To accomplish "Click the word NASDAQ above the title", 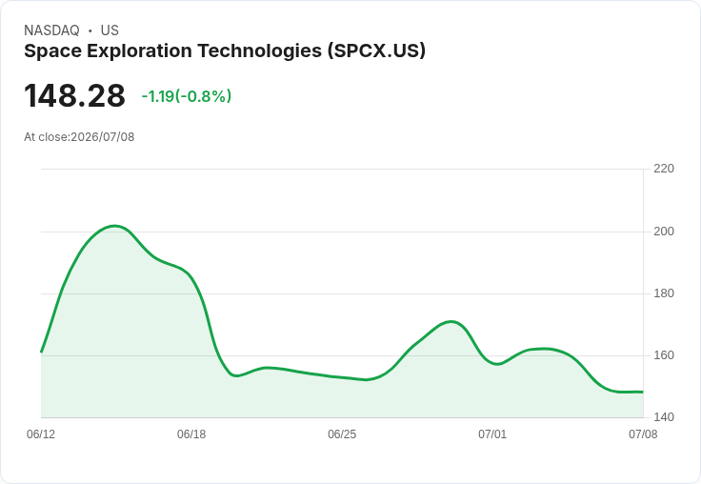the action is (x=51, y=30).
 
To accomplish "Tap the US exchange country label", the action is (x=110, y=30).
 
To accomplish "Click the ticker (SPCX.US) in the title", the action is (x=376, y=50).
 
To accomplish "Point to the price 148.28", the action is (x=74, y=95).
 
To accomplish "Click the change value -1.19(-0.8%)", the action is (x=187, y=96).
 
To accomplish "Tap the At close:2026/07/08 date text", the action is (x=79, y=137).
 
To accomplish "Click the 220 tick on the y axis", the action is (x=664, y=169).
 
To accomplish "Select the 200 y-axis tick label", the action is (x=664, y=232).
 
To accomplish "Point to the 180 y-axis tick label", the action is (x=664, y=293).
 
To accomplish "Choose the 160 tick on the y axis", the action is (x=664, y=355).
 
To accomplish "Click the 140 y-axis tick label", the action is (x=664, y=417).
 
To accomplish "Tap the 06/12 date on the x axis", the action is (x=41, y=434).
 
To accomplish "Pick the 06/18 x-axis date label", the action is (x=191, y=434).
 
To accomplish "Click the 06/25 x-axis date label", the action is (x=342, y=434).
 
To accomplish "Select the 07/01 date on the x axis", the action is (x=492, y=434).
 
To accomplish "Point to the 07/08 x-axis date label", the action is (x=643, y=434).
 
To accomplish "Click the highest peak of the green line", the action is (x=115, y=226).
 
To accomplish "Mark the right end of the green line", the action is (x=643, y=393).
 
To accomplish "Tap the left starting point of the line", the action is (x=41, y=352).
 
